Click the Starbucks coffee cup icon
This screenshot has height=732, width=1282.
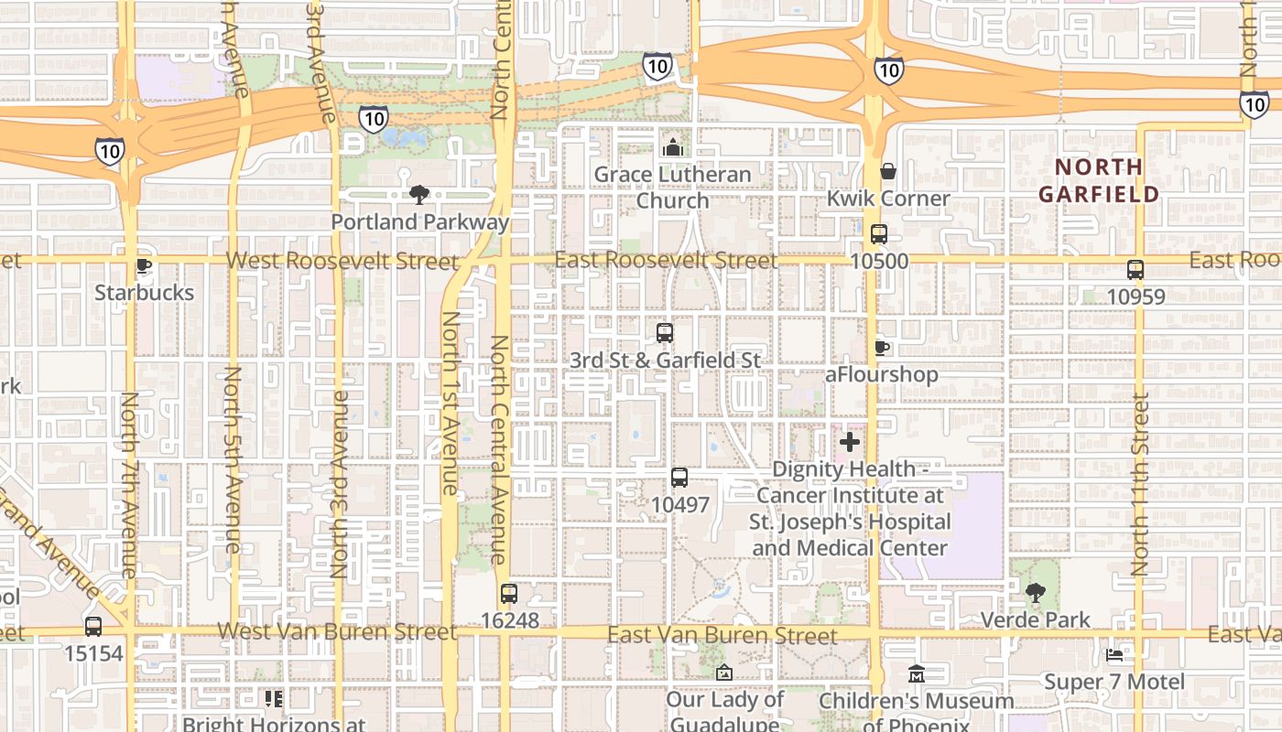[143, 266]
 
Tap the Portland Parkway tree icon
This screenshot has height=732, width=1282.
[419, 194]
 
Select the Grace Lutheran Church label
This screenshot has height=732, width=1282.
[672, 188]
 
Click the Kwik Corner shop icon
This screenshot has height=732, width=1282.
[887, 171]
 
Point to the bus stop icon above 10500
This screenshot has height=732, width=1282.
[879, 234]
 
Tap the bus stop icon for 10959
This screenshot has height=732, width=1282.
[1135, 270]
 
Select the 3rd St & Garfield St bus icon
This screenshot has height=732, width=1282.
[665, 333]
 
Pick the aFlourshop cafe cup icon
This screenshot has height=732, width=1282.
[881, 348]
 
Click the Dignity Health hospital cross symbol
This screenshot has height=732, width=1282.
[850, 443]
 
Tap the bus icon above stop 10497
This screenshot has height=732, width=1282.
[679, 477]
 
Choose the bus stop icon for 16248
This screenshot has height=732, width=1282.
[509, 594]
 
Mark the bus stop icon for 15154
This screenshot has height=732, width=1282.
[93, 627]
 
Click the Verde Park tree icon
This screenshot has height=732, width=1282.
[1035, 593]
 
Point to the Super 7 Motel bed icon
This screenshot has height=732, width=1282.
[1114, 655]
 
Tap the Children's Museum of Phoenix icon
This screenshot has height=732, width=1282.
[916, 674]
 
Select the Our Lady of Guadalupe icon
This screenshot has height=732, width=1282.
[724, 673]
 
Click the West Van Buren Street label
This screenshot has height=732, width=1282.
[337, 632]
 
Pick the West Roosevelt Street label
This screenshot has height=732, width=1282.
[342, 261]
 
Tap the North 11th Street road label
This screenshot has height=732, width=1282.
[1140, 485]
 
